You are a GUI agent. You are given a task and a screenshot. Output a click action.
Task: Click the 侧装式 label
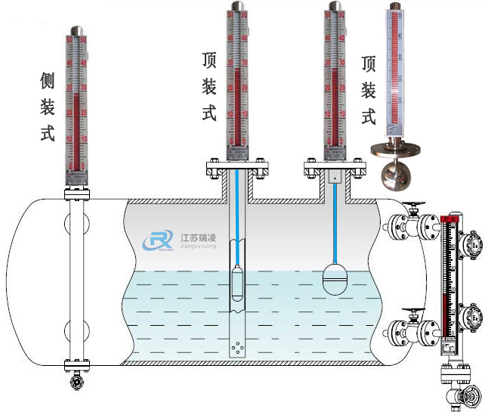[x=48, y=106]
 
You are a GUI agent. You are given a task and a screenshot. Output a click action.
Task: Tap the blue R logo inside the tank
[x=156, y=241]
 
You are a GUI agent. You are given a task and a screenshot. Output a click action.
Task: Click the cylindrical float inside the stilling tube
[x=238, y=283]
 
